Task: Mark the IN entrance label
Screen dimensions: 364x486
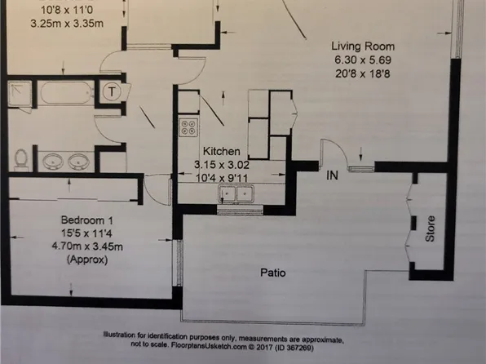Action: pos(333,175)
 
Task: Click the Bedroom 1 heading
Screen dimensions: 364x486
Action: pos(86,219)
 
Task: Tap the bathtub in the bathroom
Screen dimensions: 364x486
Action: pos(66,91)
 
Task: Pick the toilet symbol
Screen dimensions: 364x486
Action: pos(21,158)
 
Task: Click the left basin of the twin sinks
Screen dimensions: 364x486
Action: pos(54,160)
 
